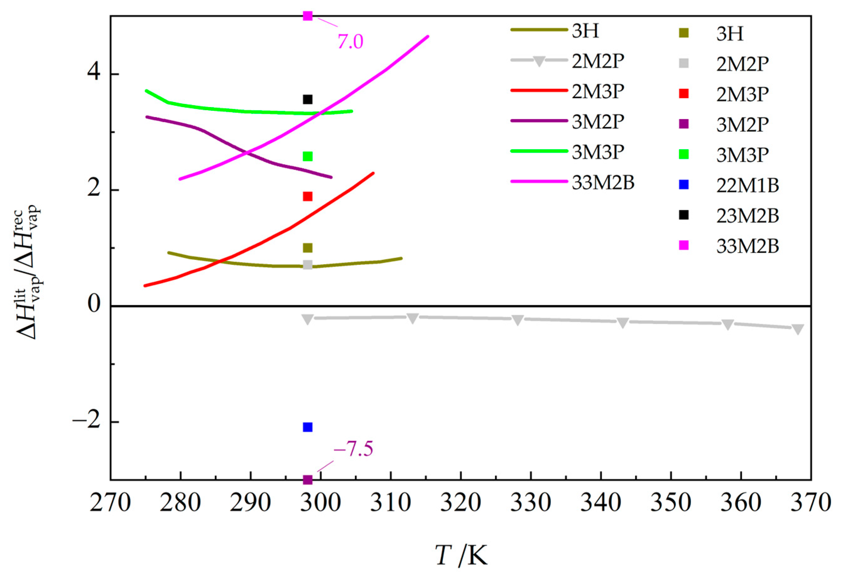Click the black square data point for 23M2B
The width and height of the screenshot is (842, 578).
pyautogui.click(x=308, y=99)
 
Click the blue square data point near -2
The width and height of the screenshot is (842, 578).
pyautogui.click(x=308, y=427)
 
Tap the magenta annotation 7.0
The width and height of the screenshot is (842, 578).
pyautogui.click(x=350, y=42)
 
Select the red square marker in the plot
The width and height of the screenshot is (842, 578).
pyautogui.click(x=308, y=197)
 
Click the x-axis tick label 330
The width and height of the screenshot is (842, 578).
pyautogui.click(x=531, y=503)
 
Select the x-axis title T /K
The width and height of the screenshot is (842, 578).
pyautogui.click(x=461, y=555)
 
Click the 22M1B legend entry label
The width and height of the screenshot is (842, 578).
pyautogui.click(x=748, y=186)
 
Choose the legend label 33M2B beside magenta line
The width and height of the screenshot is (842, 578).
pyautogui.click(x=603, y=183)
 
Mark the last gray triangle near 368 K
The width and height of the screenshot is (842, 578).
pyautogui.click(x=798, y=329)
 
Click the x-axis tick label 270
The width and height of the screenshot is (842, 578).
pyautogui.click(x=110, y=503)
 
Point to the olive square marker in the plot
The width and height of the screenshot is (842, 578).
pyautogui.click(x=308, y=248)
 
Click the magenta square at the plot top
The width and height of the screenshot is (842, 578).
pyautogui.click(x=308, y=16)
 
